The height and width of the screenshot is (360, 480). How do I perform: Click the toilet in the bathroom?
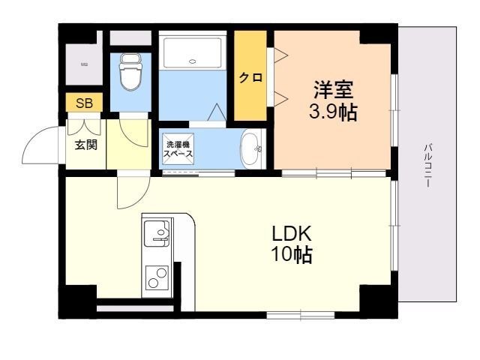point(130,72)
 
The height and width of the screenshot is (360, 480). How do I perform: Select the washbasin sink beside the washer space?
point(250,148)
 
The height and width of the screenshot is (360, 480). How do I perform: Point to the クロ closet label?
point(250,76)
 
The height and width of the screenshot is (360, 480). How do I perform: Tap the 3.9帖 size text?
point(333,113)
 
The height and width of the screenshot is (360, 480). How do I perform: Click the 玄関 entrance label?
point(85,144)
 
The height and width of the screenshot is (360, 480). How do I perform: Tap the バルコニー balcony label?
point(427,164)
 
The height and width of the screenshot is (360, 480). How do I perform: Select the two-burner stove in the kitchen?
point(157,277)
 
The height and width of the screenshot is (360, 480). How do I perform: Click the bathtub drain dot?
point(193,62)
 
